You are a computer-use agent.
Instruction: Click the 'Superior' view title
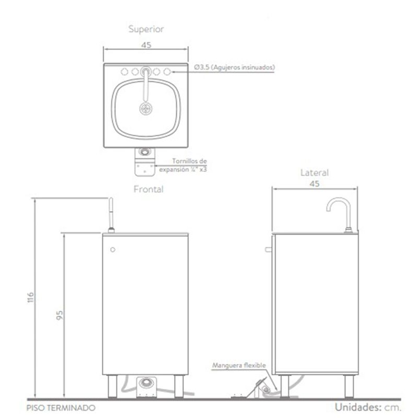[146, 29]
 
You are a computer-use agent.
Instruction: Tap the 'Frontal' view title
[148, 189]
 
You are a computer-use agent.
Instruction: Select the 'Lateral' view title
[315, 172]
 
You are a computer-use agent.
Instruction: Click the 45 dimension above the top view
[146, 45]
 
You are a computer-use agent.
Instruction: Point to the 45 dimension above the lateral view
[315, 184]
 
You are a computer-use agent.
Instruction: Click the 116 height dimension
[31, 297]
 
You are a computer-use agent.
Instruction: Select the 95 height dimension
[60, 315]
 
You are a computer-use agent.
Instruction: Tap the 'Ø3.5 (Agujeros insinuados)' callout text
[234, 67]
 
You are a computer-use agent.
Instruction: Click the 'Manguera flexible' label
[239, 365]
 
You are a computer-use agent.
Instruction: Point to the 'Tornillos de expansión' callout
[183, 165]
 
